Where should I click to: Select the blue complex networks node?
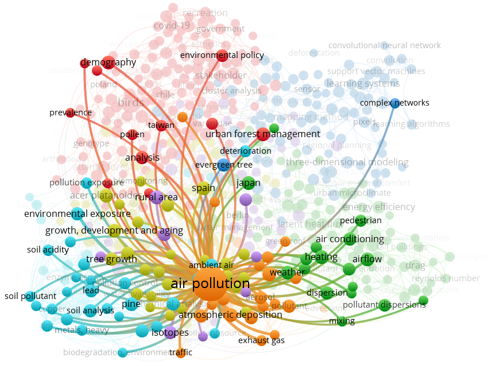[x=395, y=103]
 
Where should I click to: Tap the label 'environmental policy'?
[x=222, y=56]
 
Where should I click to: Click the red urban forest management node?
[x=262, y=134]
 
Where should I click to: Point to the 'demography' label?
[x=109, y=62]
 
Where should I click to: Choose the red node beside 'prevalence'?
[x=70, y=112]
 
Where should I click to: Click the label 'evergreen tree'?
[x=223, y=165]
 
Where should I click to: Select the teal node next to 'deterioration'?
[x=245, y=152]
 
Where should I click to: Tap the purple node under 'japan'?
[x=246, y=200]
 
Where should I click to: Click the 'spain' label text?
[x=203, y=188]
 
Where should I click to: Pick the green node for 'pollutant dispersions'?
[x=423, y=300]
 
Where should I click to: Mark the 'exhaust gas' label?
[x=262, y=340]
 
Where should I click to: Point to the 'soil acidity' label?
[x=48, y=250]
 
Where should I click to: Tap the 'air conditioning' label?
[x=350, y=239]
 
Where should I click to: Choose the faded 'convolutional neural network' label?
[x=385, y=45]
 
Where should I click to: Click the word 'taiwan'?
[x=161, y=125]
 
